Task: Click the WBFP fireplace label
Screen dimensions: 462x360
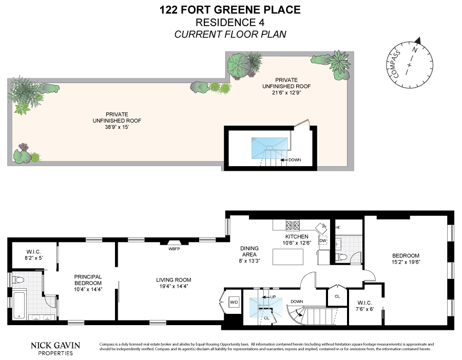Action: pyautogui.click(x=174, y=249)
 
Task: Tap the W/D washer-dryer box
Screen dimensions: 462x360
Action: pyautogui.click(x=234, y=302)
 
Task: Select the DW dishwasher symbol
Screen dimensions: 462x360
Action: pyautogui.click(x=323, y=241)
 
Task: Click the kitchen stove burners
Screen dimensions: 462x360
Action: pyautogui.click(x=293, y=225)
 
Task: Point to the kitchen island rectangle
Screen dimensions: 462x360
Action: pyautogui.click(x=288, y=257)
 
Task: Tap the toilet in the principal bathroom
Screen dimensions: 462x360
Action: pyautogui.click(x=18, y=280)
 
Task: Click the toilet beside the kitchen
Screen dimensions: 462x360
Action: pyautogui.click(x=342, y=257)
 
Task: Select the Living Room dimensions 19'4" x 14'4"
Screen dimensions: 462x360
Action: pyautogui.click(x=174, y=286)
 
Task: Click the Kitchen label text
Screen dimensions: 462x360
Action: pyautogui.click(x=297, y=236)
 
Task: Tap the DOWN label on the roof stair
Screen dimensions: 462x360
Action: pyautogui.click(x=295, y=160)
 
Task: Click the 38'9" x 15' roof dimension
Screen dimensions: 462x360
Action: pyautogui.click(x=117, y=127)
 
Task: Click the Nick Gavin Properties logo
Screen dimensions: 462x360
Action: pyautogui.click(x=55, y=349)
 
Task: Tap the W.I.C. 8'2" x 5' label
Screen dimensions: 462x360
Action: pyautogui.click(x=33, y=255)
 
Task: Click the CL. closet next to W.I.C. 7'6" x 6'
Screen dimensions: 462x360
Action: pyautogui.click(x=338, y=296)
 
